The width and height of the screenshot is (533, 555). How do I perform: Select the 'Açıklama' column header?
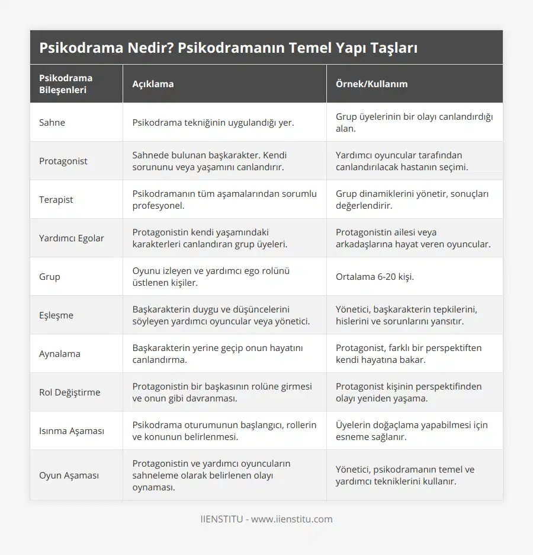coord(153,84)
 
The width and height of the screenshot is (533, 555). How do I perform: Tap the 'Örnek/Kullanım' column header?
coord(371,84)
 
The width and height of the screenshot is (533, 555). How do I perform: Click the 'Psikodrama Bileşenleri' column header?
coord(66,84)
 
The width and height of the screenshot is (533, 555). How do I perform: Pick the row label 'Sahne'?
coord(52,122)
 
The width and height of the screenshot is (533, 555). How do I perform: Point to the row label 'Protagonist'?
coord(63,161)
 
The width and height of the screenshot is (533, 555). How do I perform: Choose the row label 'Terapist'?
coord(56,199)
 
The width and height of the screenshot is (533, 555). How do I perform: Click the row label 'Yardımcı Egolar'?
coord(71,238)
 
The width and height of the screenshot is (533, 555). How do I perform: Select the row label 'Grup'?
coord(50,276)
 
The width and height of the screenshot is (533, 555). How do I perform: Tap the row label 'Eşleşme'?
coord(56,315)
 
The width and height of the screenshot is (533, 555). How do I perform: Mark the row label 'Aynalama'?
coord(59,353)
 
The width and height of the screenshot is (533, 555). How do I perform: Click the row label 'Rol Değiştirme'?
coord(70,392)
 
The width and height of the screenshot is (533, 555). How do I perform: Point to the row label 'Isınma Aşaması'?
coord(71,430)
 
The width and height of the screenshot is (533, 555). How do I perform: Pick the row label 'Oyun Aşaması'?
coord(69,475)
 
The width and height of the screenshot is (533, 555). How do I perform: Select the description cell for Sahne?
coord(213,122)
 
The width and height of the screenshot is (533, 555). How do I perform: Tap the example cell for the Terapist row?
coord(409,199)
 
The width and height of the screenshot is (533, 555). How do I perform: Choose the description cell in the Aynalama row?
coord(217,353)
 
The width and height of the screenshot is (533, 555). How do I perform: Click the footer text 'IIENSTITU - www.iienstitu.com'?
coord(266,519)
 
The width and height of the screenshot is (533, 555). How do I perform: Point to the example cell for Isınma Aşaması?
coord(412,430)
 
